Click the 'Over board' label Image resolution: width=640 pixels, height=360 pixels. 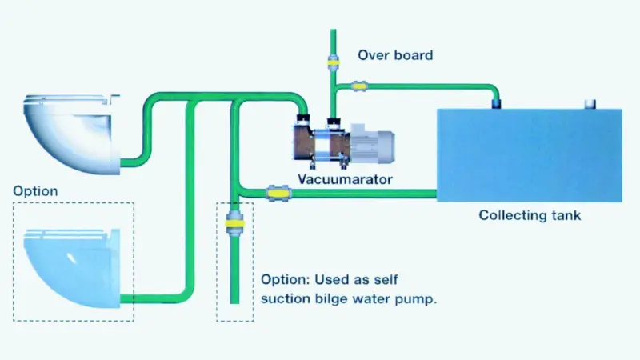[395, 55]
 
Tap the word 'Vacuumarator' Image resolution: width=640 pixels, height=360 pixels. [345, 179]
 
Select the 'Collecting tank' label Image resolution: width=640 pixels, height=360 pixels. [530, 215]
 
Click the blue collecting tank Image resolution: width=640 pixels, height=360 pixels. [530, 155]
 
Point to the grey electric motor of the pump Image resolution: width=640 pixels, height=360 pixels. [372, 143]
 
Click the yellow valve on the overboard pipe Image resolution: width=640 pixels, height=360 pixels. [333, 63]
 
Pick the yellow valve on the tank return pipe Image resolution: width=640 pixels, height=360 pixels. [358, 86]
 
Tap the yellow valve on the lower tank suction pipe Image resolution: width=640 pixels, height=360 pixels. [278, 193]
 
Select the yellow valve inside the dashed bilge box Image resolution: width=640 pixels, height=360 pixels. [234, 224]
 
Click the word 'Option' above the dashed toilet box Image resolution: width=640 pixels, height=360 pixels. [35, 191]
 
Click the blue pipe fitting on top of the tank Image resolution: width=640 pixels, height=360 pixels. [496, 103]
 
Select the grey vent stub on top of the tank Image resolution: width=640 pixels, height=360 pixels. [590, 104]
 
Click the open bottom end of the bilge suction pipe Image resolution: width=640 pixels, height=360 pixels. [234, 302]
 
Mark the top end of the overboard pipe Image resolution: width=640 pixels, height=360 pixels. [333, 30]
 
